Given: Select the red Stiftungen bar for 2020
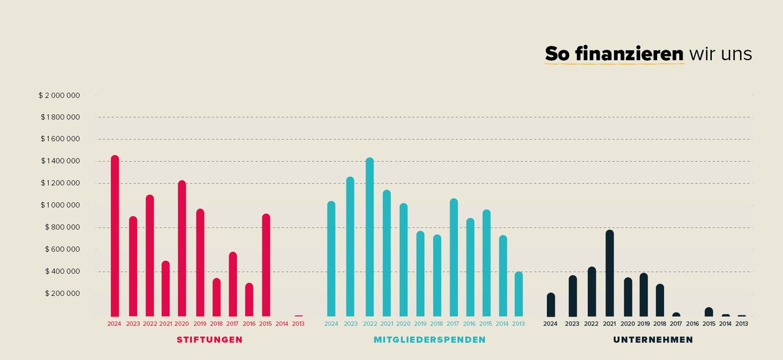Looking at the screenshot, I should coord(182,248).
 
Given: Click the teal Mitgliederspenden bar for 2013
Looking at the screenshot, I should coord(519,294).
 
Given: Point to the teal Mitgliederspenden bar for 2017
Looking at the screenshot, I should coord(453,258).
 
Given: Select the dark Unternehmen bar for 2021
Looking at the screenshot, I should coord(609,273).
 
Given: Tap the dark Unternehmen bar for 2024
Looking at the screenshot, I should coord(551,305).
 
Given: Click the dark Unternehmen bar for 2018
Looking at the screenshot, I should coord(660,300).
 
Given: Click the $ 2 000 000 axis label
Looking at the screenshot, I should coord(59,95).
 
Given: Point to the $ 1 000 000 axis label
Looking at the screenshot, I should coord(59,205).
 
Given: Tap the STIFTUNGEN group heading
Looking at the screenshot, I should coord(209,340).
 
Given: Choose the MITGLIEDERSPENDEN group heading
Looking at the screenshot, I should coord(429,340).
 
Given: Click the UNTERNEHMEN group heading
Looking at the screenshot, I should coord(652,340).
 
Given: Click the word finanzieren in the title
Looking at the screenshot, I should coord(630,54).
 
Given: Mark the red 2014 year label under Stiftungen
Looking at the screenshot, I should coord(282,323).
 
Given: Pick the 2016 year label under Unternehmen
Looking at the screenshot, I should coord(692,323).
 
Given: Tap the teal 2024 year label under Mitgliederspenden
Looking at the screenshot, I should coord(331,323).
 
